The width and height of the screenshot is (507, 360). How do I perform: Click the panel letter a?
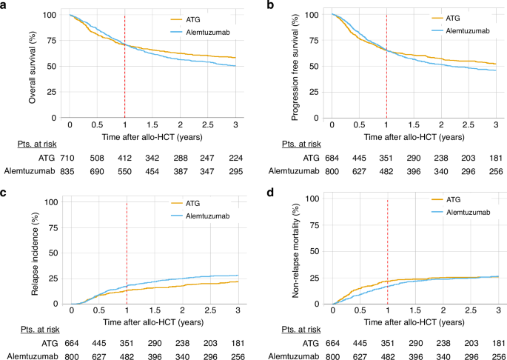point(3,6)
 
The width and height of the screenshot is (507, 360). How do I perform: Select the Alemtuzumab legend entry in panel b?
point(460,31)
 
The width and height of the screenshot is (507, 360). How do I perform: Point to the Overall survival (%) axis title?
point(32,67)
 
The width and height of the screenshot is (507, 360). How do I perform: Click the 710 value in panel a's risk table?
point(67,159)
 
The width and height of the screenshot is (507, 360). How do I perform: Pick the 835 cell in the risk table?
point(67,171)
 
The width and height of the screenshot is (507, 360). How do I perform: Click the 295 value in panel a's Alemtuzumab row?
point(235,171)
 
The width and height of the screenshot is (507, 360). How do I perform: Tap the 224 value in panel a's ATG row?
point(235,159)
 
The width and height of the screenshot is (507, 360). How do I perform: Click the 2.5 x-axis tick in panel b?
point(469,125)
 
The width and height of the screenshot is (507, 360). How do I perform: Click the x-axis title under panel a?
point(152,137)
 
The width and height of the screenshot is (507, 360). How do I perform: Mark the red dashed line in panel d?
point(387,252)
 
